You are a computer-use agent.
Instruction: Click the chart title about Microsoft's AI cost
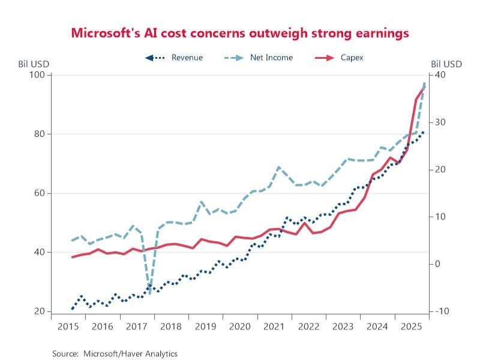(x=240, y=32)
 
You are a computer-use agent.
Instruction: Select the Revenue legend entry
(x=187, y=58)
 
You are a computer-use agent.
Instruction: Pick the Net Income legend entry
(x=271, y=58)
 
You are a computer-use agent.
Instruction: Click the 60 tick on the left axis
(x=40, y=193)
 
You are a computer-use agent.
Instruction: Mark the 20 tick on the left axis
(x=40, y=311)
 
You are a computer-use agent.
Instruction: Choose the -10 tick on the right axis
(x=440, y=311)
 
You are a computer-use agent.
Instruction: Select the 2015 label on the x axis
(x=68, y=326)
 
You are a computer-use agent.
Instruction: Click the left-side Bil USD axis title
(x=32, y=64)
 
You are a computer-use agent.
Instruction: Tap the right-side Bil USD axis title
(x=446, y=64)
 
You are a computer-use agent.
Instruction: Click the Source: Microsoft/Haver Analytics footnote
(x=115, y=353)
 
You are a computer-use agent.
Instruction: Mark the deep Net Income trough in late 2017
(x=149, y=293)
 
